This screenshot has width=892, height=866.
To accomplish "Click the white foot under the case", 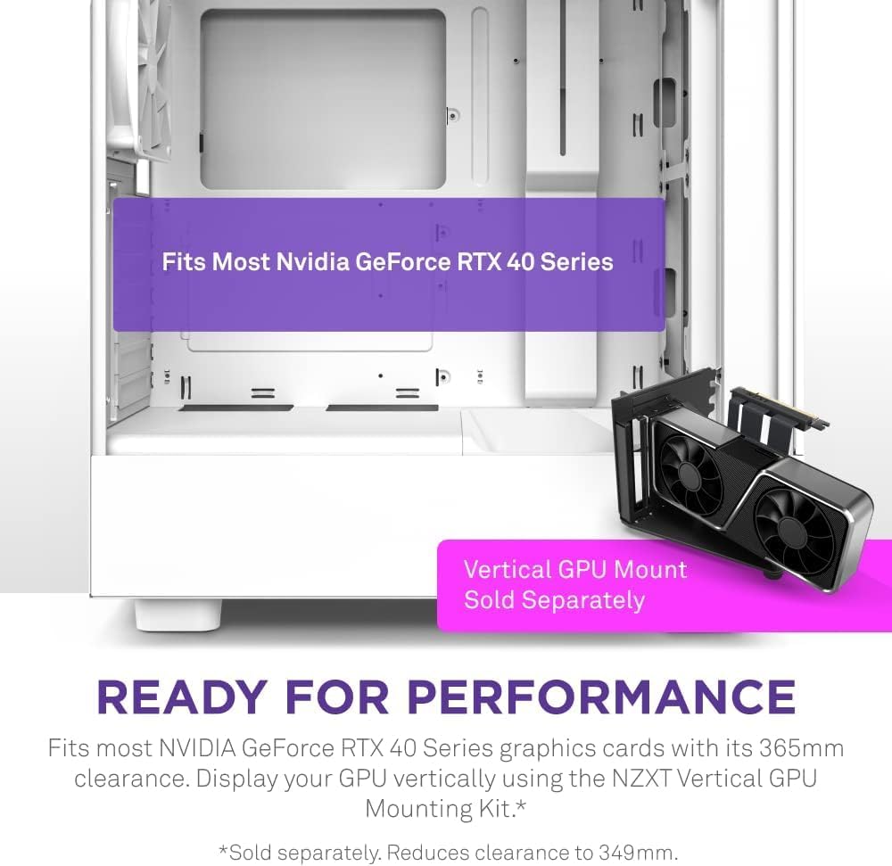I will tap(177, 614).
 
